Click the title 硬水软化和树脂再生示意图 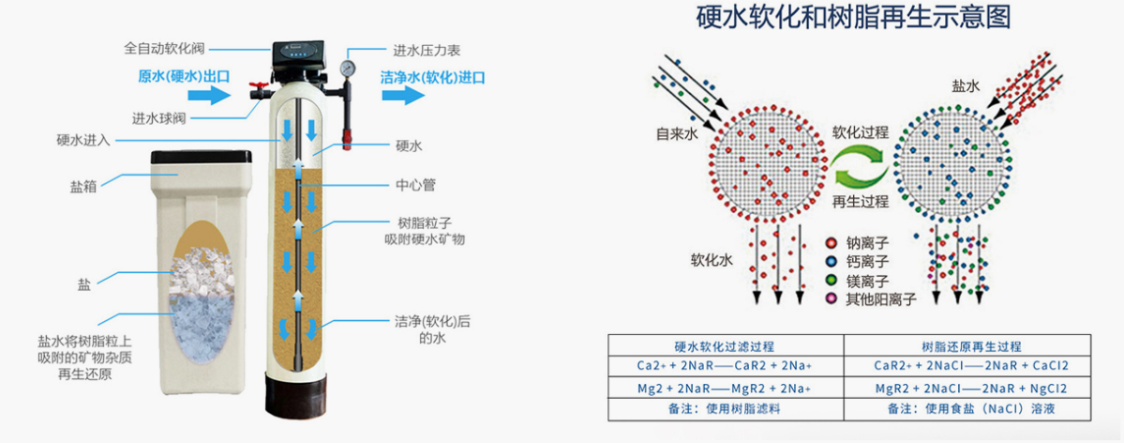pos(854,20)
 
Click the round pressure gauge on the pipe pos(349,68)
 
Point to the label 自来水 pos(676,135)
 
